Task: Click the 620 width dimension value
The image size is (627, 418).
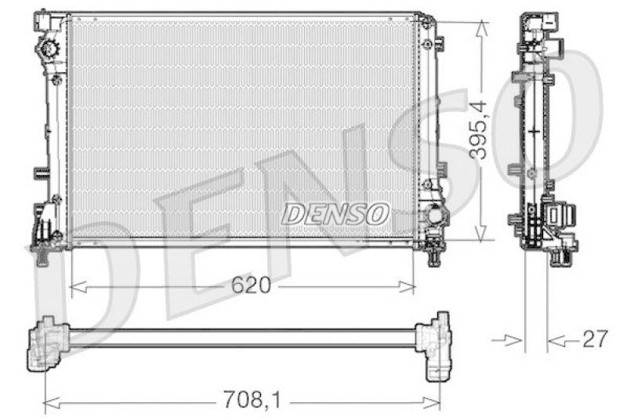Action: [251, 286]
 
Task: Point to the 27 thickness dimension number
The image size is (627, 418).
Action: [596, 340]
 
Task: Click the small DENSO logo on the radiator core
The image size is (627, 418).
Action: [335, 213]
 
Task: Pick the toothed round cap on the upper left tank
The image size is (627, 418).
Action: [48, 50]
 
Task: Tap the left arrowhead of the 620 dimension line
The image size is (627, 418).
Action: [75, 287]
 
